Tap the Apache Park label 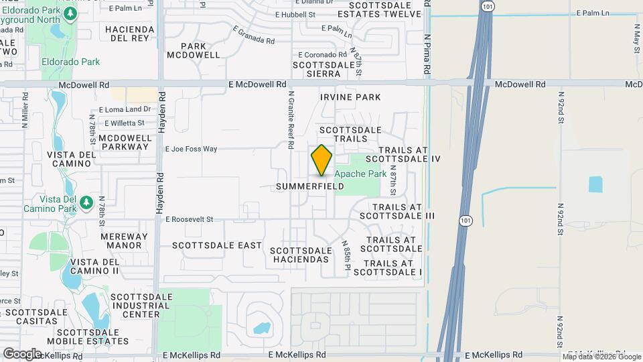coord(360,174)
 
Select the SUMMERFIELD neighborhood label coord(310,186)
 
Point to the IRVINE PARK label coord(350,97)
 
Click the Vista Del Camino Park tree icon coord(86,202)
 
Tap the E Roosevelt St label coord(189,219)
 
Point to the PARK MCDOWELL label coord(194,50)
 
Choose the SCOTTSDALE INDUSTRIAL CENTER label coord(135,305)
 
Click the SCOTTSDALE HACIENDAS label coord(300,255)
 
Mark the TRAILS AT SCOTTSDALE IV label coord(409,154)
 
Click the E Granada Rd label coord(254,35)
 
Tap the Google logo coord(22,353)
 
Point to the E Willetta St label coord(122,123)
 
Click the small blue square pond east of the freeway coord(595,184)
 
